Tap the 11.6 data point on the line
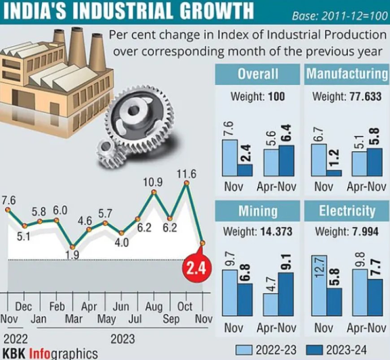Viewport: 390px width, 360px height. pos(187,183)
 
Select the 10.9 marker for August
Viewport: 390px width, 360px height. pos(154,192)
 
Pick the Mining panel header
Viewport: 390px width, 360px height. pos(258,211)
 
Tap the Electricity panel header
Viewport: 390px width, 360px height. pos(347,211)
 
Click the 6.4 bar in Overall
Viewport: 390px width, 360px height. pos(286,160)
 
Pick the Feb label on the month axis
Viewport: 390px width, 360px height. pos(57,307)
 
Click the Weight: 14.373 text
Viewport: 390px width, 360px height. pos(258,232)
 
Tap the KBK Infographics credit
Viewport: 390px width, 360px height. pos(49,351)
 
